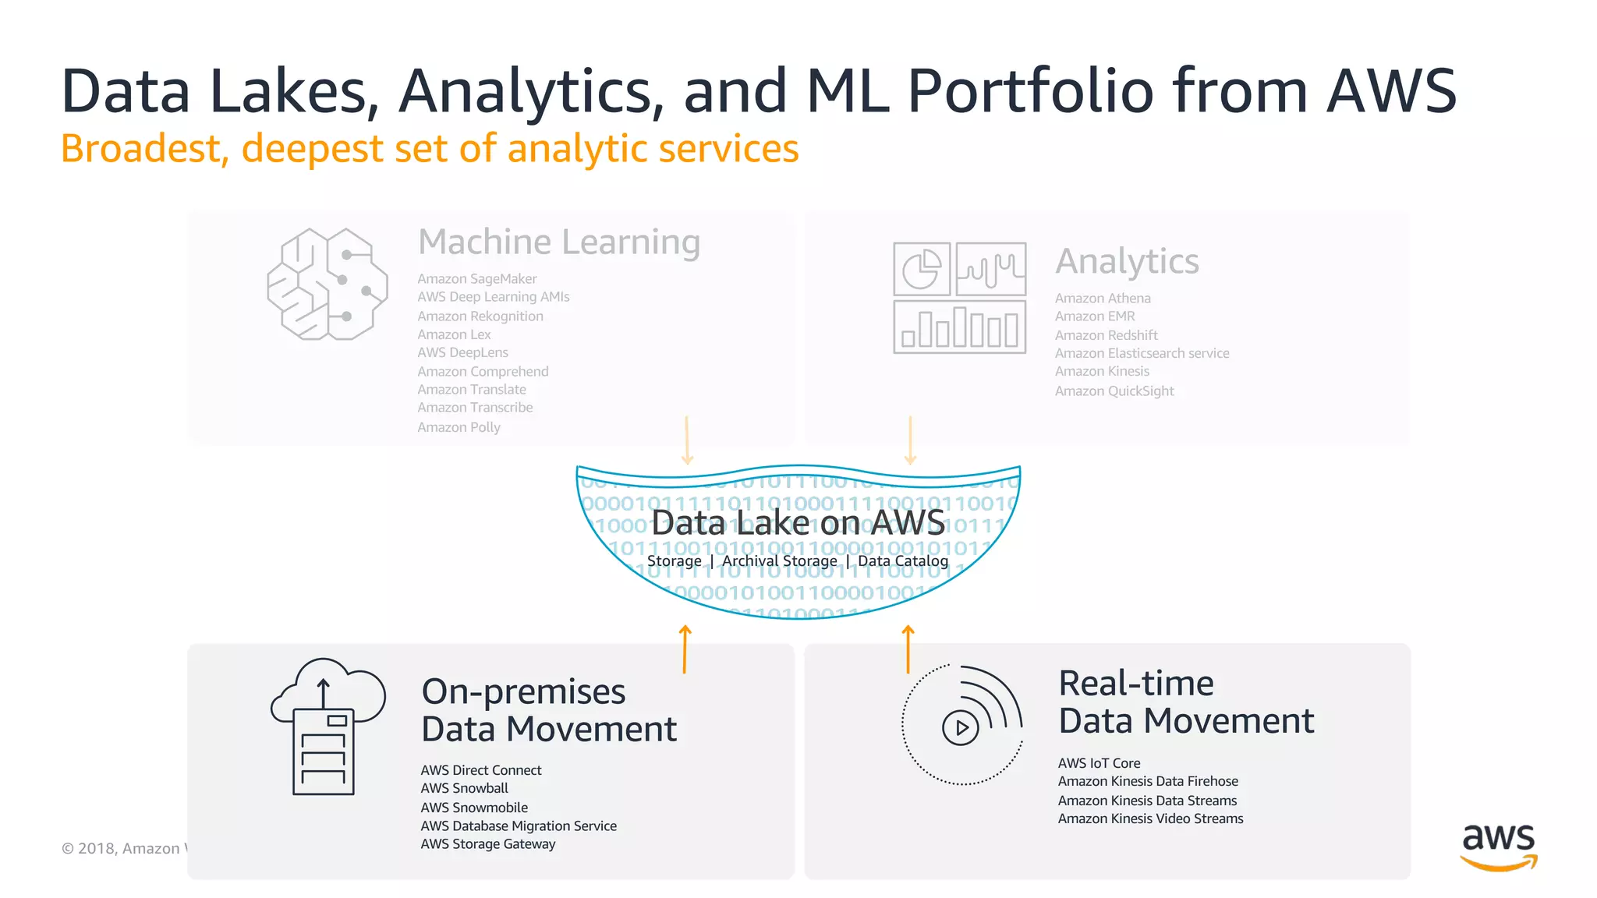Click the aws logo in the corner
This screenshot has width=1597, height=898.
(1498, 846)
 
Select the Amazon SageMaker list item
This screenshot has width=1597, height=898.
(476, 278)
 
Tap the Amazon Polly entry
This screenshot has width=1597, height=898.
(459, 427)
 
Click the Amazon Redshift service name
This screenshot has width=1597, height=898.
(1106, 335)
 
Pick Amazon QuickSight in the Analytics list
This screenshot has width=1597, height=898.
(1114, 391)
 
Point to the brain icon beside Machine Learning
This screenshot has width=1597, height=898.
(328, 284)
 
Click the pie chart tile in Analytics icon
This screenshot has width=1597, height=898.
(922, 269)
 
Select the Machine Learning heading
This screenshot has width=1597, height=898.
(559, 242)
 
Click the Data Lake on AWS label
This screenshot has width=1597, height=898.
(798, 522)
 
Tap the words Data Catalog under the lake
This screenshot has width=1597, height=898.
(903, 561)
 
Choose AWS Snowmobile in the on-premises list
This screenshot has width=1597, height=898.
(474, 808)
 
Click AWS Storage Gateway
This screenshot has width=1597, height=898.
(488, 844)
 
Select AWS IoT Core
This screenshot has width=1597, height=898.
(1099, 763)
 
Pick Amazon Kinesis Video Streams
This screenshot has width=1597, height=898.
(1150, 818)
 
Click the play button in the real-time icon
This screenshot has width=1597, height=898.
(961, 728)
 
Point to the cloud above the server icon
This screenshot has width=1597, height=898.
(328, 686)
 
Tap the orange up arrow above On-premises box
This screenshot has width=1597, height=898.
(685, 649)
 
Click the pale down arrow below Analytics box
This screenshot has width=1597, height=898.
(910, 440)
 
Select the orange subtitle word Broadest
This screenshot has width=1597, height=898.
(144, 148)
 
